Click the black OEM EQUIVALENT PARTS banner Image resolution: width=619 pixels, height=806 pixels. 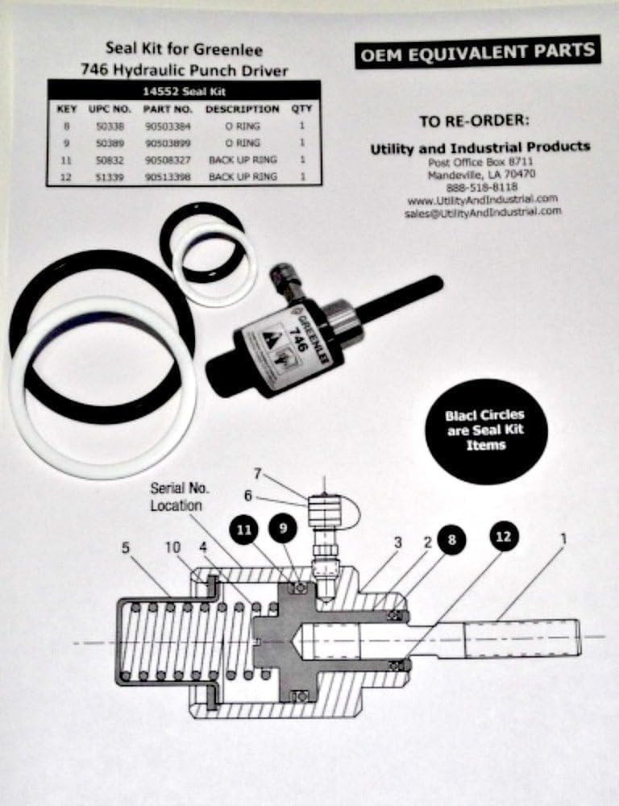478,52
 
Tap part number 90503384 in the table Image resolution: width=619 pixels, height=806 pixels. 167,126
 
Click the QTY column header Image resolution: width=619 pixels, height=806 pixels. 301,109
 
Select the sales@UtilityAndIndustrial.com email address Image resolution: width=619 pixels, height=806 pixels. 483,211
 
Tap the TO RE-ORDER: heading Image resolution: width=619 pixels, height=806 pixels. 474,121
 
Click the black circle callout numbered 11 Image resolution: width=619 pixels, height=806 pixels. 245,530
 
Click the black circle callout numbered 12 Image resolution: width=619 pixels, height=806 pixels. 503,535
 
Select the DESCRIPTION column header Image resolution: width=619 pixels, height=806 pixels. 242,109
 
